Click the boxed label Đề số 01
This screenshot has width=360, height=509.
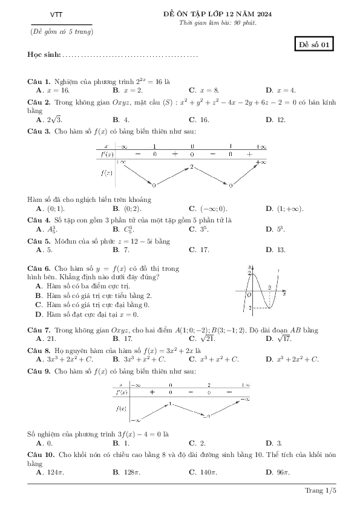[x=315, y=45]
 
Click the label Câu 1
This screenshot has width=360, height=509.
[x=39, y=81]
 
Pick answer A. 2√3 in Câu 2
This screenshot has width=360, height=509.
[x=46, y=120]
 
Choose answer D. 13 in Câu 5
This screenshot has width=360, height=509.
[x=276, y=249]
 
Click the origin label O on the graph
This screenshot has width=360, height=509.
[x=249, y=295]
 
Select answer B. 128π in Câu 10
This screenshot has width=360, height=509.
[x=125, y=471]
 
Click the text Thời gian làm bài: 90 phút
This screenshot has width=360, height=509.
[x=218, y=22]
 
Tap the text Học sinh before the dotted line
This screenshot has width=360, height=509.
[x=44, y=55]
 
